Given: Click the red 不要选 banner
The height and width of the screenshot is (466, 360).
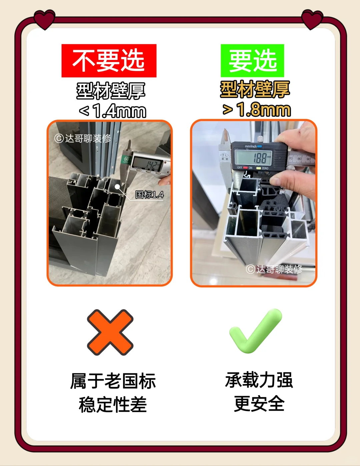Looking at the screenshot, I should click(109, 61).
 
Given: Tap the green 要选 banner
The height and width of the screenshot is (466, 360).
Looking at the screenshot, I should click(252, 61).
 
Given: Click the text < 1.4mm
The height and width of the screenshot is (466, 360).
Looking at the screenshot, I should click(113, 111).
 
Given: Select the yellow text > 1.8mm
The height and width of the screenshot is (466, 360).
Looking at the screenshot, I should click(257, 109).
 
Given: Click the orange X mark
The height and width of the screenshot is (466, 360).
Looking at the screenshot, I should click(110, 332).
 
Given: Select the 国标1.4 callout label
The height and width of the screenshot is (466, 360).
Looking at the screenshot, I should click(149, 195).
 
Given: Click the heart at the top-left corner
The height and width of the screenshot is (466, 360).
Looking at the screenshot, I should click(44, 19).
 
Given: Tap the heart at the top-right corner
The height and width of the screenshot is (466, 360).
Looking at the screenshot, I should click(312, 19).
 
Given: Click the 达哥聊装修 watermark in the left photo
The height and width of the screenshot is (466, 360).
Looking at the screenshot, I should click(83, 138).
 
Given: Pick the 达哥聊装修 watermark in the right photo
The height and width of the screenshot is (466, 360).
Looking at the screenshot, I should click(274, 269).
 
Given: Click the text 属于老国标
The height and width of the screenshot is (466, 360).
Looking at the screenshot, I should click(113, 381).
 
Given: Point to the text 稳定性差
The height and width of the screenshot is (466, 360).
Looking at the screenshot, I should click(113, 405).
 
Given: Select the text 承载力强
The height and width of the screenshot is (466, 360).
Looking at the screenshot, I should click(259, 380).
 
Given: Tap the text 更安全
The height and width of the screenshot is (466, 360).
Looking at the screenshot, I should click(259, 404).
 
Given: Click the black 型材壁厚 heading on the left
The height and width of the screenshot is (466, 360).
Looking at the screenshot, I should click(111, 91).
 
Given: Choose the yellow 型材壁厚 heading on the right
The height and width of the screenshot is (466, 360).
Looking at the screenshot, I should click(255, 89).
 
